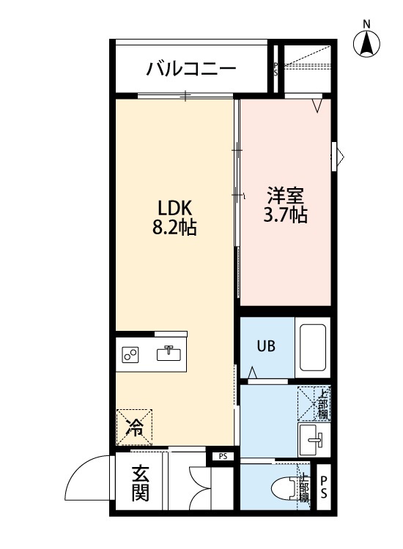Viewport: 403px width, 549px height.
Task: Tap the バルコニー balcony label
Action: (191, 70)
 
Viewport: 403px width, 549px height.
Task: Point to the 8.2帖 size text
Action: (174, 227)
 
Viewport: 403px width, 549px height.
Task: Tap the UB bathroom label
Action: (265, 347)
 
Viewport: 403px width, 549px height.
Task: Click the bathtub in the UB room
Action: (313, 348)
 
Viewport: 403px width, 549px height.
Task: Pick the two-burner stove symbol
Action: (132, 355)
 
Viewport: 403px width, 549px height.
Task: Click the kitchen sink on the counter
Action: (169, 354)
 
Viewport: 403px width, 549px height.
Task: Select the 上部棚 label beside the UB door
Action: (322, 403)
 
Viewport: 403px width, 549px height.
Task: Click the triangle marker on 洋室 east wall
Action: (340, 155)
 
